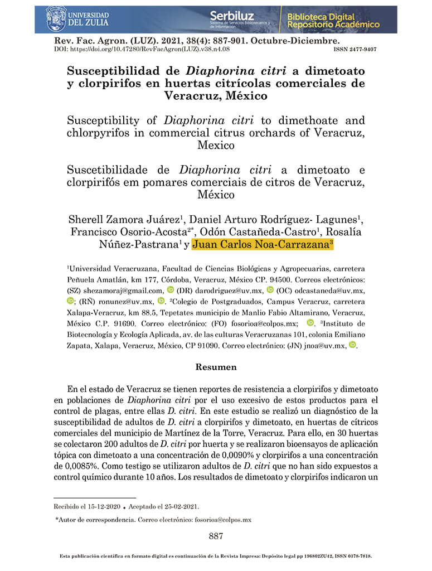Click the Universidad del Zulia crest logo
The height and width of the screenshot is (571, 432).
click(x=56, y=18)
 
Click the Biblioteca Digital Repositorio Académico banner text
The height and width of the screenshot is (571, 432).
click(x=333, y=21)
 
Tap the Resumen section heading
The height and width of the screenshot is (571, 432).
click(x=216, y=367)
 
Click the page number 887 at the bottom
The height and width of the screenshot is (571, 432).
click(x=216, y=536)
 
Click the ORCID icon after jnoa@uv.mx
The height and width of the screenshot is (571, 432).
click(x=352, y=345)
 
